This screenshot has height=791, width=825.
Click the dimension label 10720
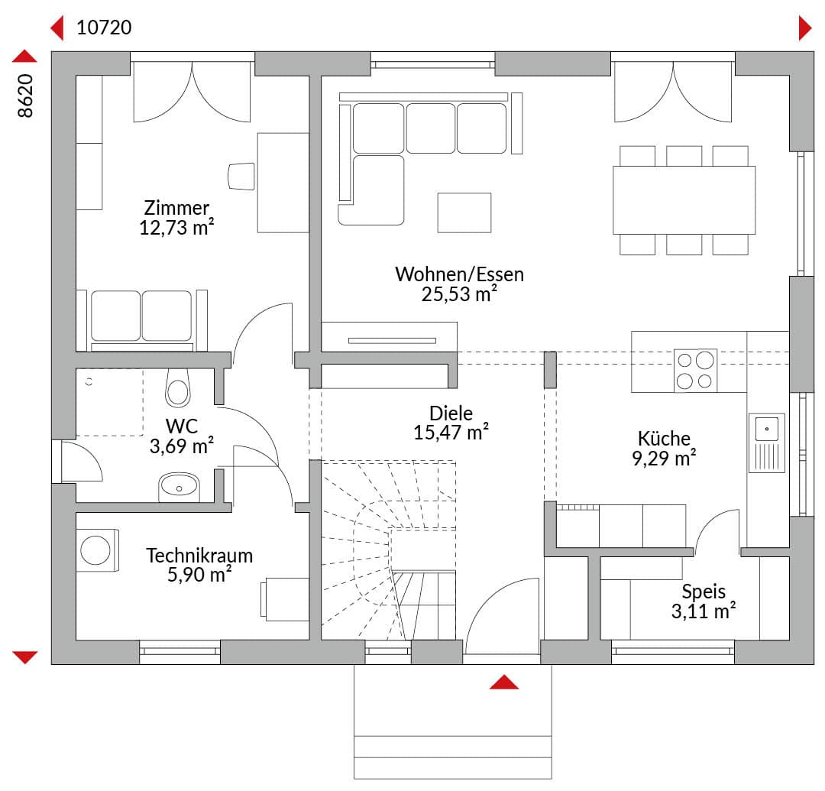click(104, 28)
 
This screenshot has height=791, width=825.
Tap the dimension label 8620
click(25, 96)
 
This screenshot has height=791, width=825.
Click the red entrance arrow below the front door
click(504, 682)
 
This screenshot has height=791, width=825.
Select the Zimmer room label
click(176, 208)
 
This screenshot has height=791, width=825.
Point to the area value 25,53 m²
click(459, 293)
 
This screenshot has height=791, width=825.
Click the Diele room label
click(451, 413)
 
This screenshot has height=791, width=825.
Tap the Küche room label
click(664, 438)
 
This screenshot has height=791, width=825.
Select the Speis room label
click(704, 592)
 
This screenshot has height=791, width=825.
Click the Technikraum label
click(199, 556)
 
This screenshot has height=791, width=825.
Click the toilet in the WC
click(178, 388)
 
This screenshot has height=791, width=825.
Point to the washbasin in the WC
click(179, 487)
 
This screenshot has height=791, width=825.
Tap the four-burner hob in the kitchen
click(695, 370)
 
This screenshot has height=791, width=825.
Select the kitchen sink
click(767, 443)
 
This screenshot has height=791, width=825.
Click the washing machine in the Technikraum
click(97, 550)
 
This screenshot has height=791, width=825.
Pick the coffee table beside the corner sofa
click(464, 212)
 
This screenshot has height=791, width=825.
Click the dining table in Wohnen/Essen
click(684, 200)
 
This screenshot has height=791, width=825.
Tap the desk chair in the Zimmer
click(241, 177)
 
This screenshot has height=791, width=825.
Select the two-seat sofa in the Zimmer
click(142, 320)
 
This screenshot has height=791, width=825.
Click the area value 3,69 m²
click(182, 446)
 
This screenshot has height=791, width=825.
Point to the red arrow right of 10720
click(805, 28)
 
